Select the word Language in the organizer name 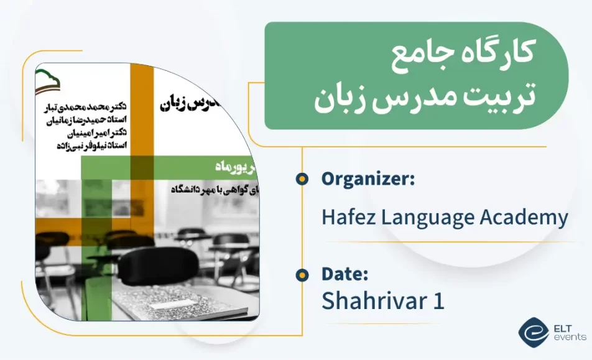pos(426,218)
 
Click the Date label pos(345,274)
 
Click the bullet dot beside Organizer pos(302,179)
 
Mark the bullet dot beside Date pos(302,274)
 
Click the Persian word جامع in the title pos(414,60)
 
